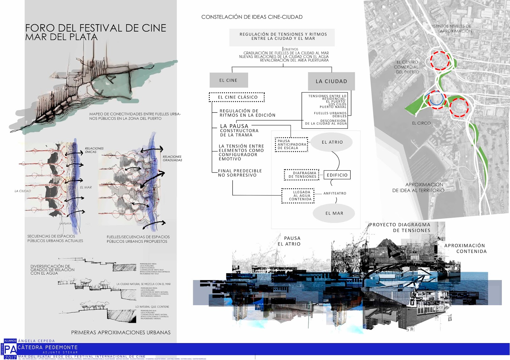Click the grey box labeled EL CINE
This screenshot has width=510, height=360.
(229, 80)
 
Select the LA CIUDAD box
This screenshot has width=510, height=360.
(331, 81)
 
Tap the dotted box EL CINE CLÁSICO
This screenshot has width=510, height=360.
(237, 97)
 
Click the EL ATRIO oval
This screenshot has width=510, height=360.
(332, 142)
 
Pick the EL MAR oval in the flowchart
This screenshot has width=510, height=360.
(334, 213)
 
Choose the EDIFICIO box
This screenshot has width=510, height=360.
(337, 175)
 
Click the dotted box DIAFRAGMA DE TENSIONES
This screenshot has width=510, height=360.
(302, 175)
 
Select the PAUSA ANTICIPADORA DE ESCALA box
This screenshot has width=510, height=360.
(292, 144)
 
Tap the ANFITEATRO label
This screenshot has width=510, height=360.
(335, 193)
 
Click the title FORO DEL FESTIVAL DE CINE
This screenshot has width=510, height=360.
(96, 28)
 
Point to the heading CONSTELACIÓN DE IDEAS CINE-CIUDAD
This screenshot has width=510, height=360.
(252, 17)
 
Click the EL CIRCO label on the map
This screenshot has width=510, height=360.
(421, 123)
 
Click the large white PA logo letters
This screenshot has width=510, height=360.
(11, 350)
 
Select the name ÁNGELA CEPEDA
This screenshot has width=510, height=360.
(36, 341)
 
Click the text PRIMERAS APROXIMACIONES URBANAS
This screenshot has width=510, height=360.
(120, 332)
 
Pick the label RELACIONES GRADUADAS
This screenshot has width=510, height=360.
(172, 158)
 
